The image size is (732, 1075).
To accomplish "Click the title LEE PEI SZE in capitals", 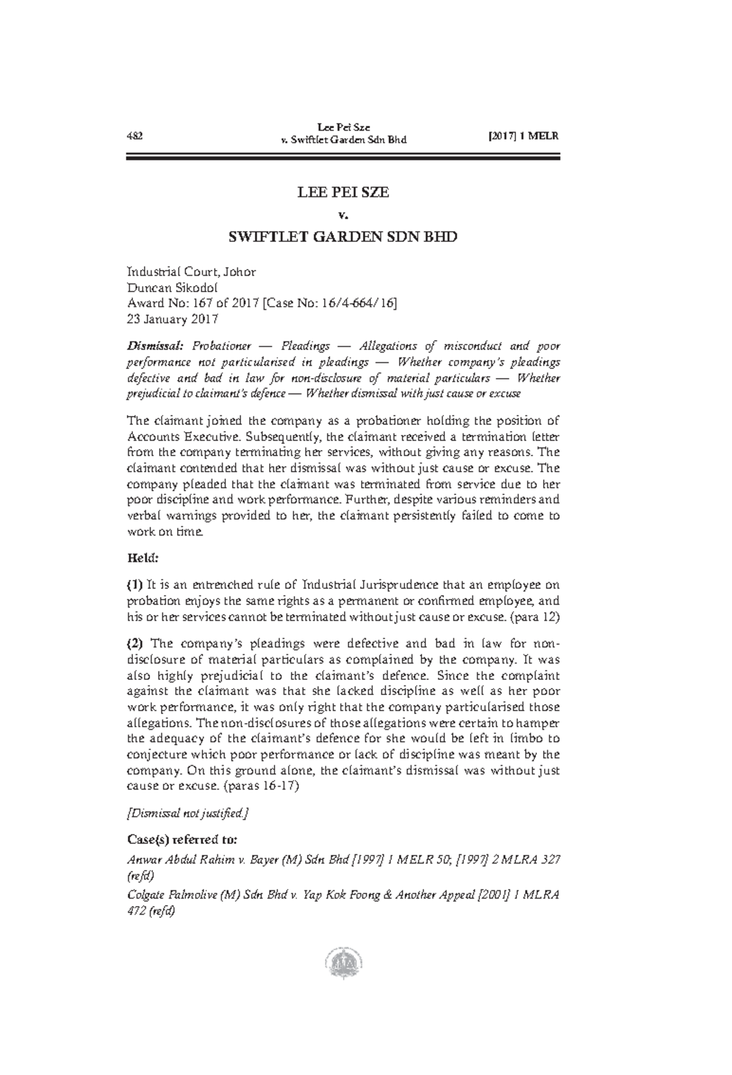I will (x=343, y=193).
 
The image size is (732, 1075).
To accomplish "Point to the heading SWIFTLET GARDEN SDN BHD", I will (x=342, y=237).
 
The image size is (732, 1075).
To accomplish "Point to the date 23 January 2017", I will (x=172, y=320).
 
